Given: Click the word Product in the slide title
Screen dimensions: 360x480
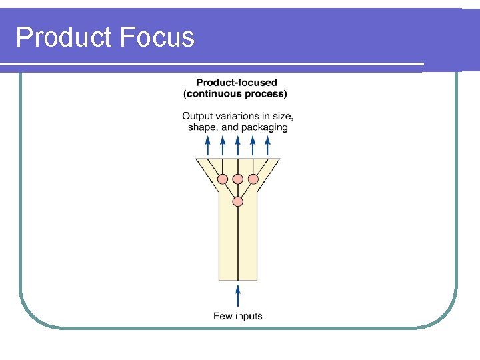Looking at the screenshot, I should click(x=64, y=37).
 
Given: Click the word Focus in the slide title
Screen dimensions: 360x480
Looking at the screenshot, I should click(x=157, y=37).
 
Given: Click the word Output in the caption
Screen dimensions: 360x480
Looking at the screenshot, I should click(x=197, y=116).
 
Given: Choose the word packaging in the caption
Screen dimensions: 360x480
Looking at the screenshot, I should click(x=265, y=127).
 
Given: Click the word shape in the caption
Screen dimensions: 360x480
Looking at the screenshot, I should click(x=202, y=127).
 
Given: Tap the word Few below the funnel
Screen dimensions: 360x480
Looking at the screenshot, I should click(x=222, y=316).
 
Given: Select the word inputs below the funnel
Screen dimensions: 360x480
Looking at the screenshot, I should click(x=248, y=316).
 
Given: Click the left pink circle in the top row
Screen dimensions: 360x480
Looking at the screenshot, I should click(x=223, y=179).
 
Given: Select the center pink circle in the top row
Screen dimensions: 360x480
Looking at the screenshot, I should click(x=238, y=179).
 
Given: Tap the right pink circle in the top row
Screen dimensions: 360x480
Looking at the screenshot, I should click(x=253, y=179).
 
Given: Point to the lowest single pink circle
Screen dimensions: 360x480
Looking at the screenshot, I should click(x=238, y=201).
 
